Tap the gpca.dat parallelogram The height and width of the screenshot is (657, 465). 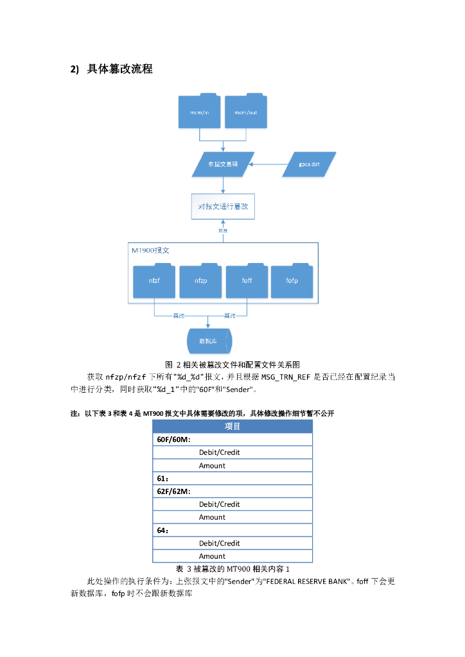click(310, 164)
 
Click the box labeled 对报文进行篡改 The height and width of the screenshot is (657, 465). click(223, 207)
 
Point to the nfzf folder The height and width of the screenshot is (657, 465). click(154, 281)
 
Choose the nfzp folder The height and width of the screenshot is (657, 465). click(200, 281)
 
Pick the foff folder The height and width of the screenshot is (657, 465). click(247, 281)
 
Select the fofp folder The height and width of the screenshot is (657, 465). click(292, 281)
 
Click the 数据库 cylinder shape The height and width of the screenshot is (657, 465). click(209, 341)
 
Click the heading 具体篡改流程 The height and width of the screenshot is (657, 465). click(119, 69)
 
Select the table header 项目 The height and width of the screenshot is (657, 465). click(232, 427)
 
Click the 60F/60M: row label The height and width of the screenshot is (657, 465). click(173, 439)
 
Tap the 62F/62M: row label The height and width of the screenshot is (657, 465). click(173, 491)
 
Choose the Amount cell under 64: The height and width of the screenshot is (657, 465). click(212, 556)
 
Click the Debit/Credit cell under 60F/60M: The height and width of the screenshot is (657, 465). click(219, 452)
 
